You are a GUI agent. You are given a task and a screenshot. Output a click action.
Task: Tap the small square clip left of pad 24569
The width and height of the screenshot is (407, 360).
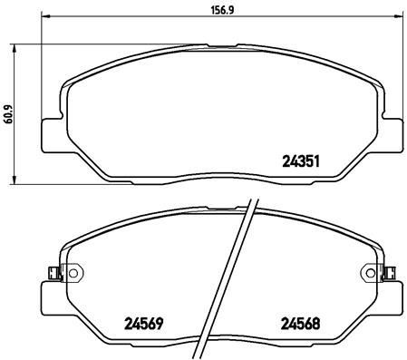pos(51,270)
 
